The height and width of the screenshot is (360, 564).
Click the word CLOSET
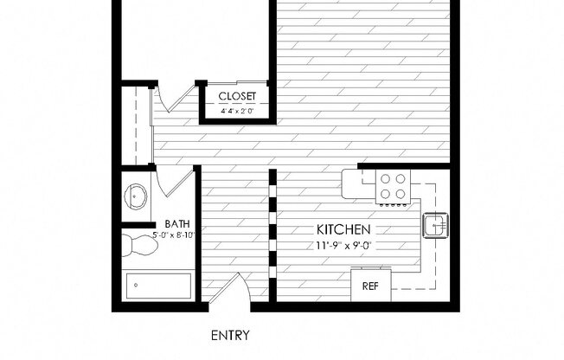tap(236, 96)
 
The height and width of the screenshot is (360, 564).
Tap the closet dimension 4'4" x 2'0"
tap(236, 112)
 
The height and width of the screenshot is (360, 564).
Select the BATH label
tap(177, 222)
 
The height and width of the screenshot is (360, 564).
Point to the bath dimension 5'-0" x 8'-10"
tap(174, 235)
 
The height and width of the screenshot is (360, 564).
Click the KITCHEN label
tap(343, 229)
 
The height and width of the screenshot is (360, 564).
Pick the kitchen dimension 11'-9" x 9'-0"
tap(343, 245)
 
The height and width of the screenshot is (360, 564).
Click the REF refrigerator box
tap(370, 285)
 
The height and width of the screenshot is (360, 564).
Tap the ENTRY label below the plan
tap(231, 334)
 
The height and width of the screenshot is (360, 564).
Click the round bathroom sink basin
tap(136, 197)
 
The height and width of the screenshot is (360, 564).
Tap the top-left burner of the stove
tap(384, 178)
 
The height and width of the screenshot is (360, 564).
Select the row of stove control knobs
tap(394, 206)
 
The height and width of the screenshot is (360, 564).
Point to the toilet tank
tap(126, 246)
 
